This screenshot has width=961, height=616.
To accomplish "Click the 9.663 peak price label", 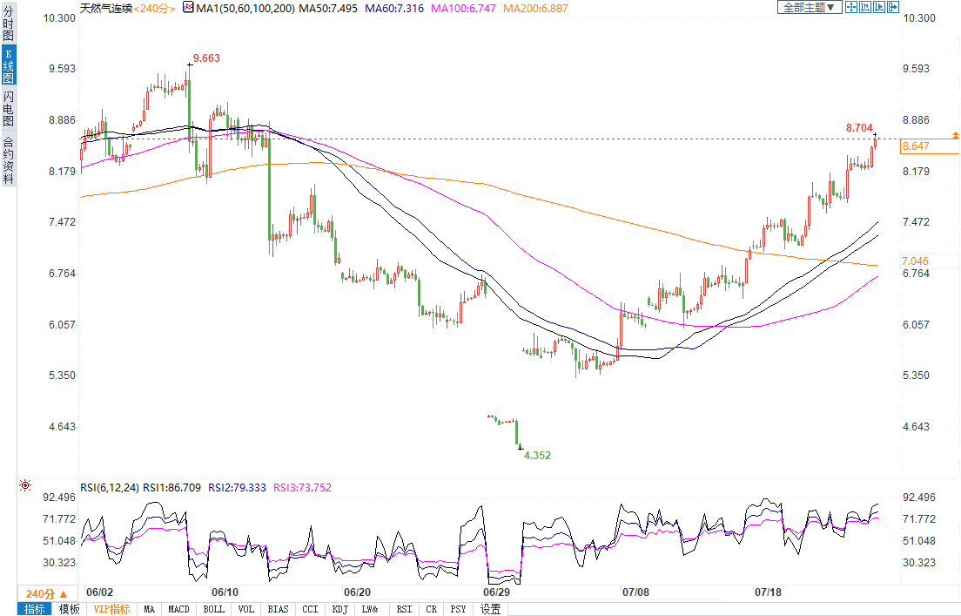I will click(206, 58).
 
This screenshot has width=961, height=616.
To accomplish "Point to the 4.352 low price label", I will click(537, 455).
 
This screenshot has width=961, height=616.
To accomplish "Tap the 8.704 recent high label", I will click(859, 128).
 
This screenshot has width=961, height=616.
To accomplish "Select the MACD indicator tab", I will click(178, 609).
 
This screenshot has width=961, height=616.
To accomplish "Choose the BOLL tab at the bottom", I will click(213, 609).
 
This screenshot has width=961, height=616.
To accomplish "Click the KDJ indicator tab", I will click(339, 609).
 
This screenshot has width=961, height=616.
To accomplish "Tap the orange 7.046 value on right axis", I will click(915, 261).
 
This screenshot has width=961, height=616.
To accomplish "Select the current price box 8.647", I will click(916, 146).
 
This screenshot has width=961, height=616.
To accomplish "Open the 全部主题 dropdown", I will click(810, 7).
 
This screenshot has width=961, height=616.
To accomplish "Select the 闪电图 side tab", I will click(9, 108).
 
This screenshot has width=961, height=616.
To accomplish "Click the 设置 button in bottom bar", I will click(491, 609).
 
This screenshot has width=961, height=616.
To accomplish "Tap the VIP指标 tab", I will click(111, 609).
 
